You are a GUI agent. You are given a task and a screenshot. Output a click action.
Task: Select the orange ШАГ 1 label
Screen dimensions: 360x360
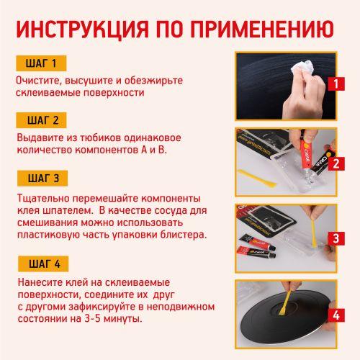[44, 63]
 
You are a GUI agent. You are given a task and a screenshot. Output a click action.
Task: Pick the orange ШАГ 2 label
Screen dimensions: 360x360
[44, 120]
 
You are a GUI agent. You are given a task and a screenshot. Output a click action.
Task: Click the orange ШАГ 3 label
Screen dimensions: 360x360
[44, 178]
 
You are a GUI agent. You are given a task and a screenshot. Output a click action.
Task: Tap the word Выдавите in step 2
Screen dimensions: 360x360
[39, 138]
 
